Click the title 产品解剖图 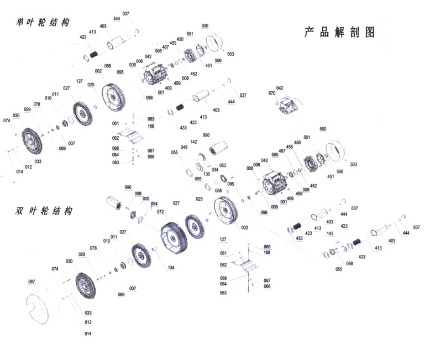pos(339,32)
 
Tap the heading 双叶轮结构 pos(44,211)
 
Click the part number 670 pos(272,93)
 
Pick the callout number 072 pos(160,212)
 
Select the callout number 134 pos(171,268)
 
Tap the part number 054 pos(154,204)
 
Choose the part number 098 pos(138,194)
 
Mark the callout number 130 pos(206,174)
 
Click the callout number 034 pos(214,169)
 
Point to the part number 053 pos(223,165)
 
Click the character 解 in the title pos(339,32)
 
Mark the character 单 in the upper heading pos(21,23)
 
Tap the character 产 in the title pos(310,32)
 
